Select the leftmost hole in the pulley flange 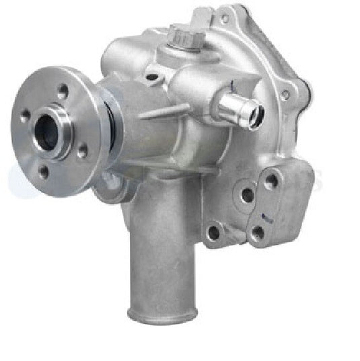pos(25,116)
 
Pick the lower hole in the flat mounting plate pos(258,233)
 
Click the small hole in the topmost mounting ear pos(223,18)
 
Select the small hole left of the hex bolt pos(152,77)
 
